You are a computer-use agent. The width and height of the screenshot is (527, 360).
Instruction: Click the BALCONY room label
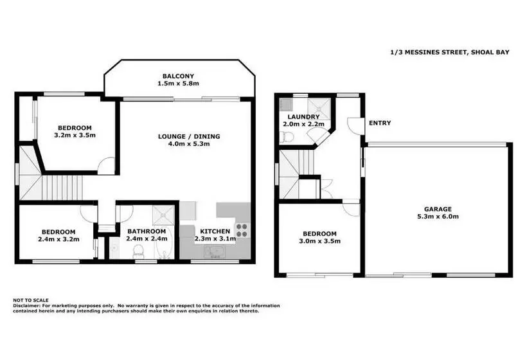coord(178,76)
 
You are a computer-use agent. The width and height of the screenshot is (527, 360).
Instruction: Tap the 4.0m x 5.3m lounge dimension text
coord(189,144)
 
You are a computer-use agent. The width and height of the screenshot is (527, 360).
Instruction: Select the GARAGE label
coord(438,209)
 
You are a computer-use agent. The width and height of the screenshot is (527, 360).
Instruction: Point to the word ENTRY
coord(380,123)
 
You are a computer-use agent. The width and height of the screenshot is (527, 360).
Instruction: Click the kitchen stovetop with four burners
coord(242,230)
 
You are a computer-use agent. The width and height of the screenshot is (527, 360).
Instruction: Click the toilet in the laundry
coord(287,137)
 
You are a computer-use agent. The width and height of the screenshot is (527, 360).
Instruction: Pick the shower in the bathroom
coord(164,215)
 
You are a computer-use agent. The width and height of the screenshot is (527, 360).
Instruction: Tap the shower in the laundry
coord(319,107)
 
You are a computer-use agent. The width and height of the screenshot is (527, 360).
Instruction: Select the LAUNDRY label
coord(303,116)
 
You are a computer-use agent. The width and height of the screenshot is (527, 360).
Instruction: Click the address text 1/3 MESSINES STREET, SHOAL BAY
coord(450,52)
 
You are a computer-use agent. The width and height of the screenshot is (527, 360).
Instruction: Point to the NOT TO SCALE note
coord(31,300)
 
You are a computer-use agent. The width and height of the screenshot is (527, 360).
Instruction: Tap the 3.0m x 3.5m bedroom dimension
coord(319,241)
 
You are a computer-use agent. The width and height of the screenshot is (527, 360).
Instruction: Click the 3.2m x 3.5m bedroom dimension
coord(75,135)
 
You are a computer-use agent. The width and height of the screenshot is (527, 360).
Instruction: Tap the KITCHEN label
coord(215,231)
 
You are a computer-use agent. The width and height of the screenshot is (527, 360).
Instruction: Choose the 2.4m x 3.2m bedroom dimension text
coord(58,239)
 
